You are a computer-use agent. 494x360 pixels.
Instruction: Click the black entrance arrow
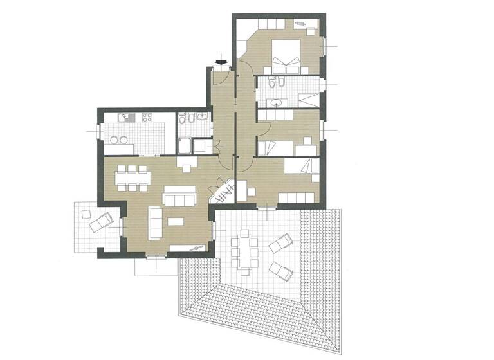tap(222, 62)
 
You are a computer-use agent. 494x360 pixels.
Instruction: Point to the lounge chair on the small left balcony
tap(100, 222)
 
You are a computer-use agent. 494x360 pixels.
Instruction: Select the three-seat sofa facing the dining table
tap(178, 196)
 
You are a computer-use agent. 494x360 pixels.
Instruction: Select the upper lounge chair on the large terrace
tap(280, 244)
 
